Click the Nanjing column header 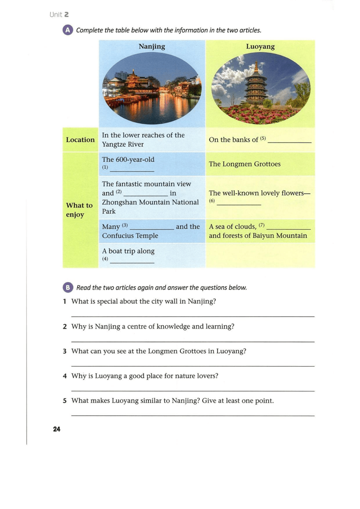(152, 46)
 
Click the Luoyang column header (260, 46)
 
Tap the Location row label (80, 140)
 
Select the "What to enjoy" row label (79, 210)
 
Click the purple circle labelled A (68, 30)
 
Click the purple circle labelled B (68, 287)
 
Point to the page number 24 (56, 429)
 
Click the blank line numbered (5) (289, 142)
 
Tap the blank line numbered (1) (132, 171)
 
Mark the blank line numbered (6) (239, 204)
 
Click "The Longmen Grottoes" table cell (245, 164)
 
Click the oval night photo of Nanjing (152, 88)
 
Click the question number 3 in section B (65, 351)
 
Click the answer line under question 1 (193, 316)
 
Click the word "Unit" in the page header (56, 15)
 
